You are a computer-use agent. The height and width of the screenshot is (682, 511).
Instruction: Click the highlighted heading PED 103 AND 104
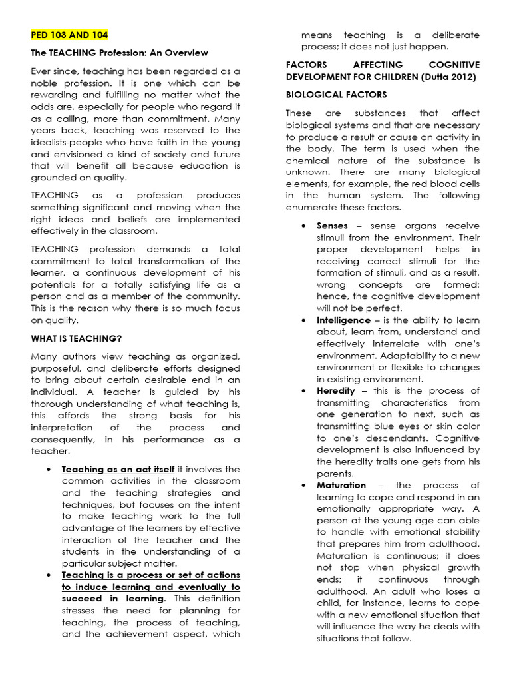[69, 35]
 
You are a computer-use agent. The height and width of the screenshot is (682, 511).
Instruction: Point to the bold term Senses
[332, 226]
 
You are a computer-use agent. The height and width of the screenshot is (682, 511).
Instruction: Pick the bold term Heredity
[336, 391]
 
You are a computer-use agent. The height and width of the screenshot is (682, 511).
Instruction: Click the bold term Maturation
[341, 485]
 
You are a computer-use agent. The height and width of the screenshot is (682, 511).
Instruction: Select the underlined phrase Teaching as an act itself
[118, 469]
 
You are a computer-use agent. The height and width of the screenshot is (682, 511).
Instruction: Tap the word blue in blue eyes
[402, 426]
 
